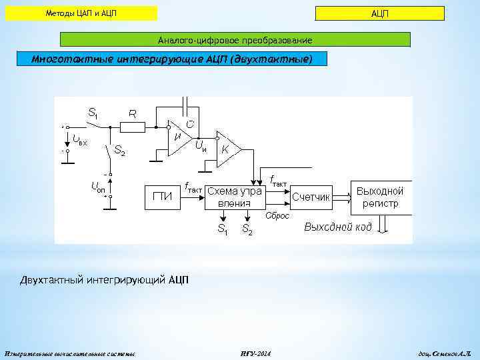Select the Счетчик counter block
311,197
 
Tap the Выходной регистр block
380,197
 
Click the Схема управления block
235,197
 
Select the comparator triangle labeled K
227,148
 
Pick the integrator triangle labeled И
178,138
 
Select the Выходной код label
337,227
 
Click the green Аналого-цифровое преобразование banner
235,40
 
